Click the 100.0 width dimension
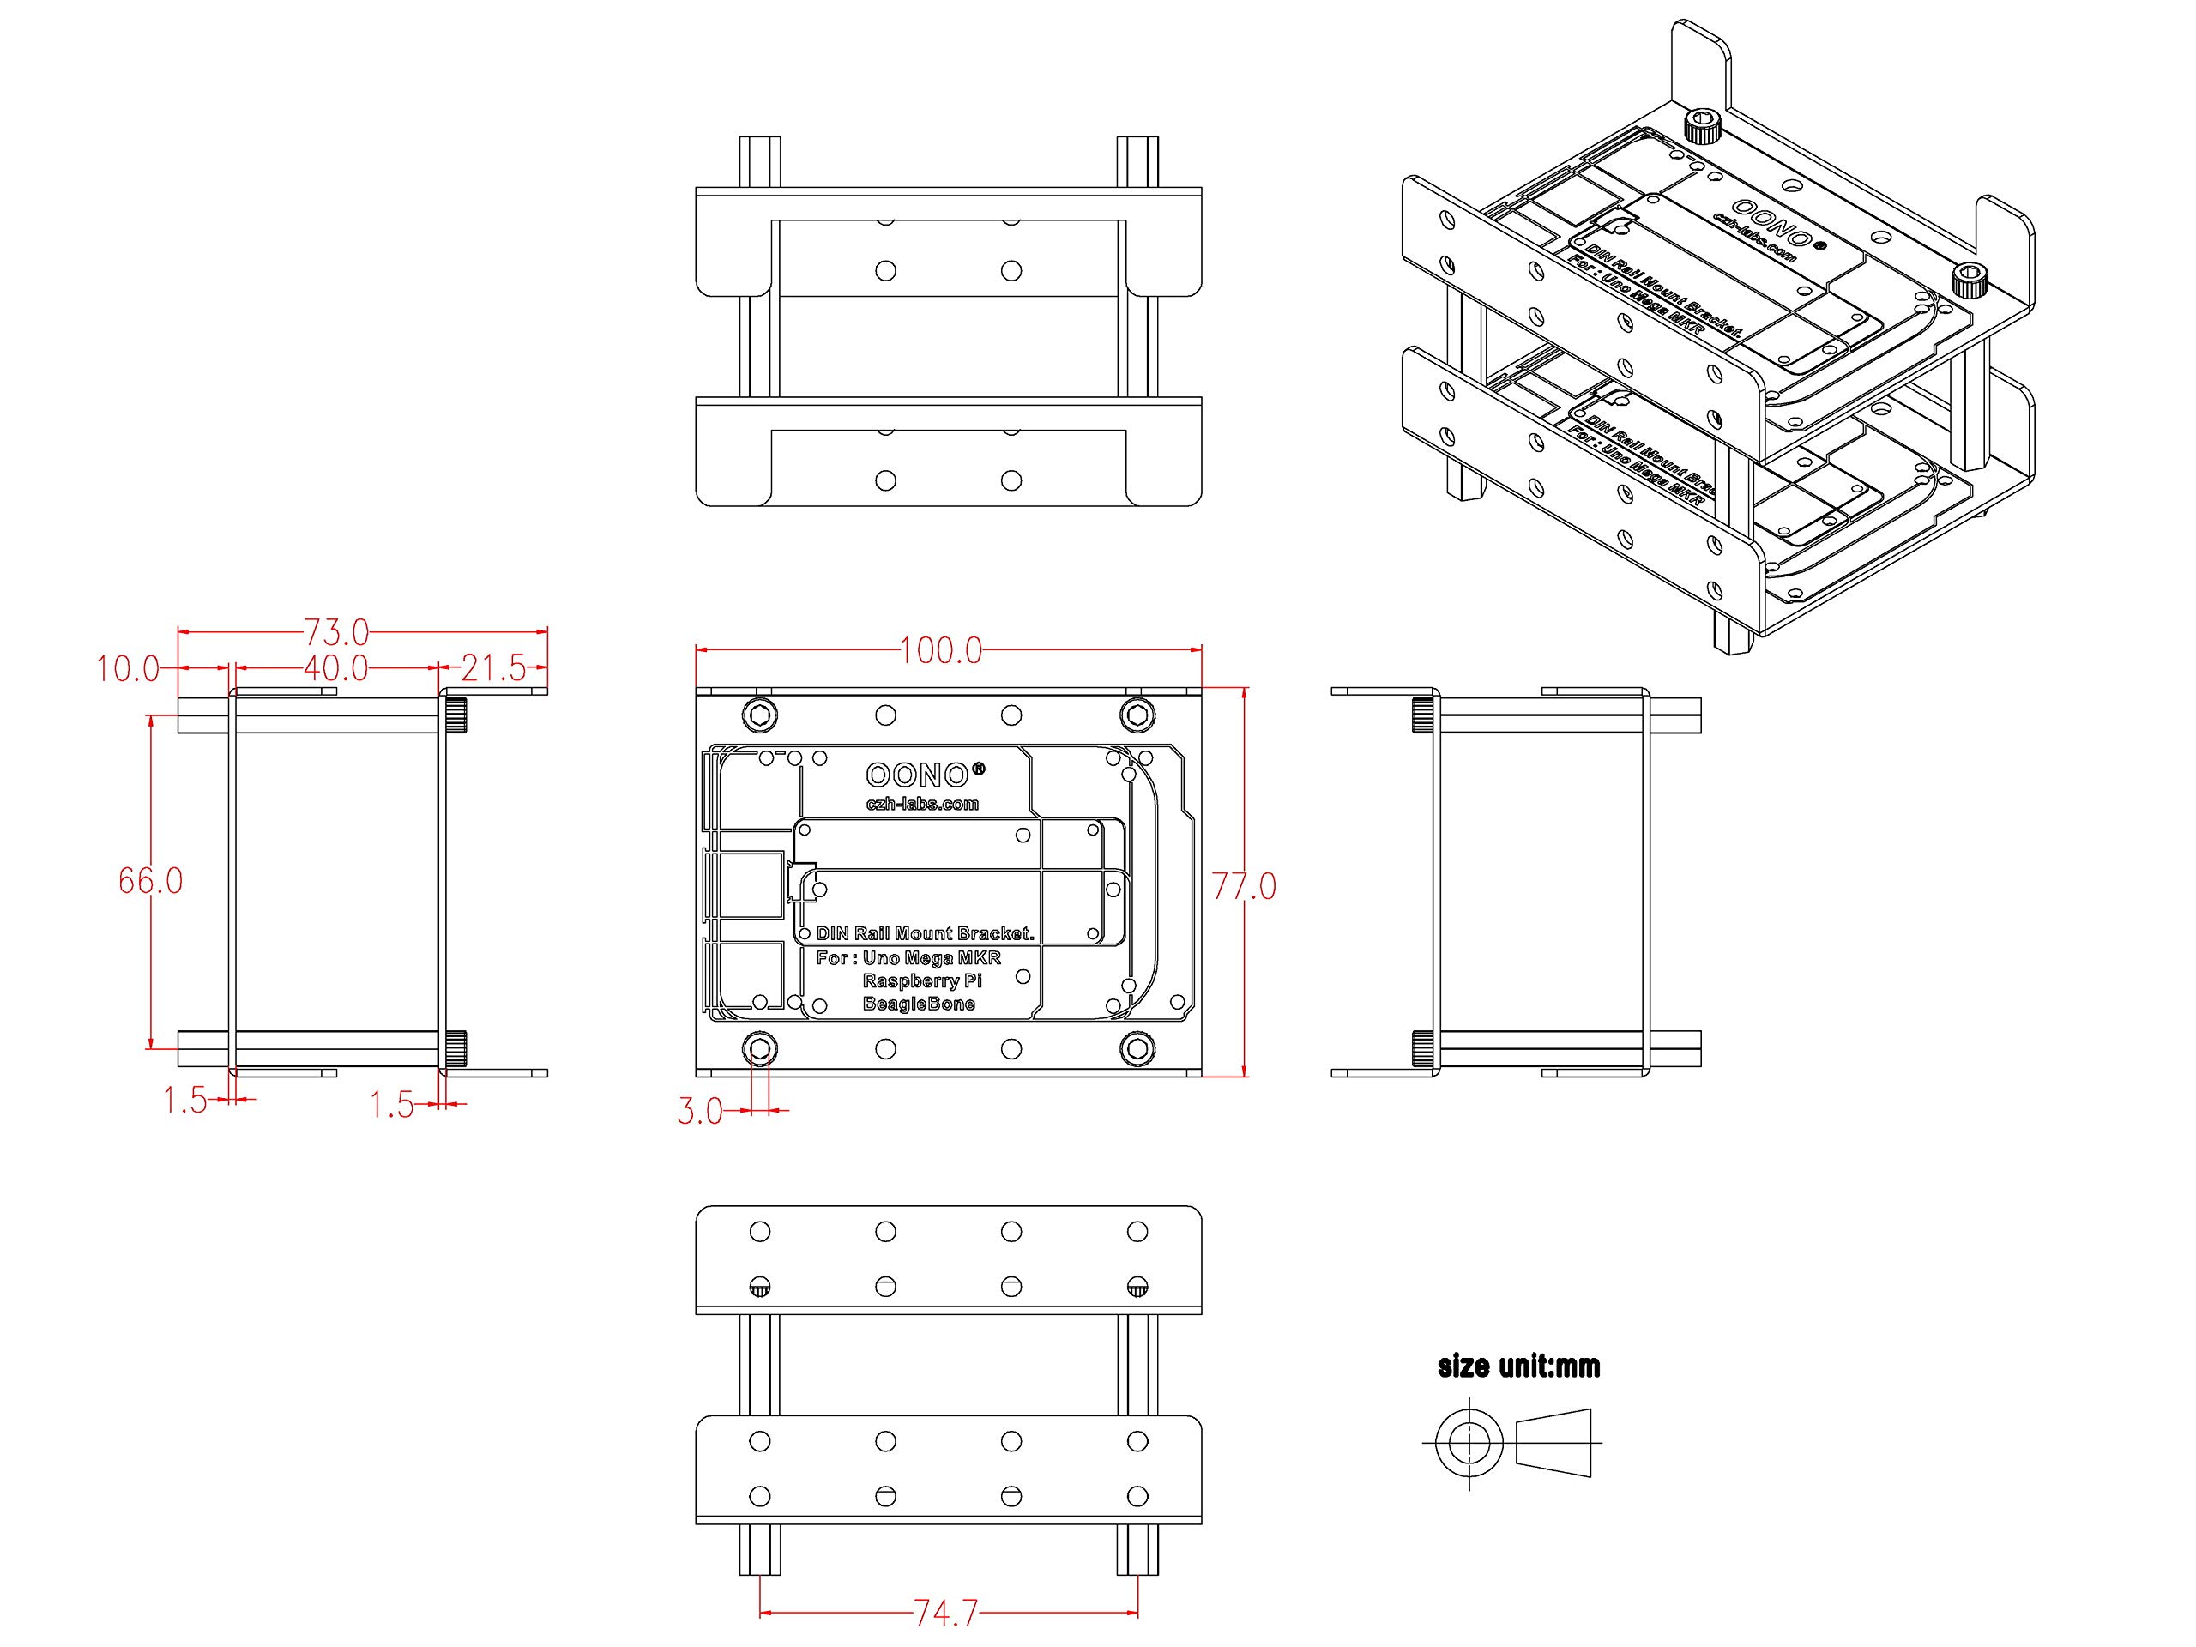click(940, 651)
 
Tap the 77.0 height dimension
click(1244, 885)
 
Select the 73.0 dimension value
click(335, 632)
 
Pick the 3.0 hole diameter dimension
click(700, 1111)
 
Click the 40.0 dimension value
click(335, 668)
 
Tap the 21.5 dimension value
click(493, 668)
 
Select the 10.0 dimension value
click(128, 669)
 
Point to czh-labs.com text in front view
click(922, 804)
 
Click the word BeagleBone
click(920, 1004)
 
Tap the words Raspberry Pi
click(922, 980)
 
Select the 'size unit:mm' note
click(1519, 1366)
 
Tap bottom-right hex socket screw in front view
click(1137, 1048)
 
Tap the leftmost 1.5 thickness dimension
click(184, 1100)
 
